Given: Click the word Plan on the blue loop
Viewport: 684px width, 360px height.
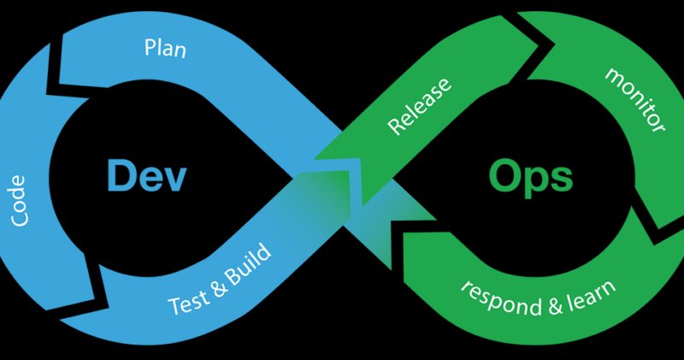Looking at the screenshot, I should (x=165, y=48).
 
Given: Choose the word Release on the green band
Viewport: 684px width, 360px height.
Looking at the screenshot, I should (x=420, y=107).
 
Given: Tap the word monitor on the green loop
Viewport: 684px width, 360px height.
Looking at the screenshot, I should (x=634, y=99).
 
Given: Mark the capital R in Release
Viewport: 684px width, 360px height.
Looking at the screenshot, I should (x=395, y=127).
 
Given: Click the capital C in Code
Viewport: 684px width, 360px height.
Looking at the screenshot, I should (x=21, y=220).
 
